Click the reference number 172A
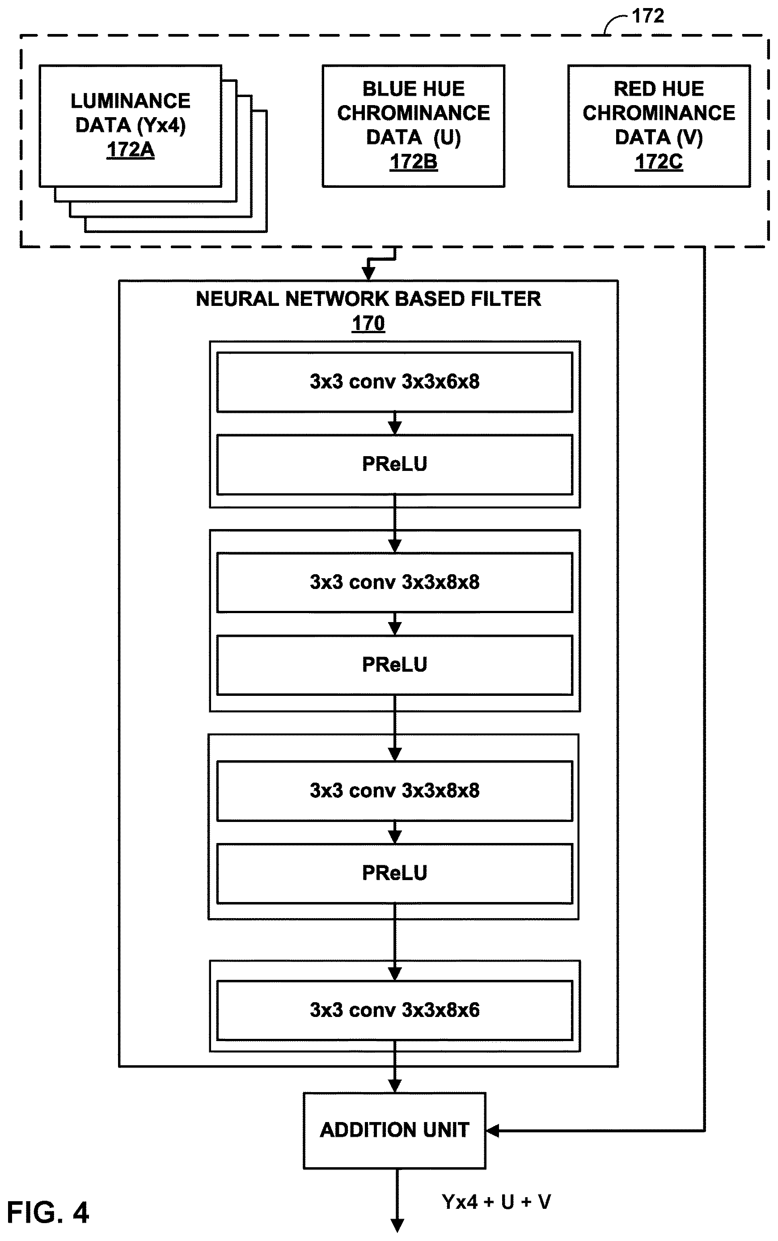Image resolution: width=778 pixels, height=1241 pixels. coord(130,150)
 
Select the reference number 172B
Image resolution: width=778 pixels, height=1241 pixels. coord(413,161)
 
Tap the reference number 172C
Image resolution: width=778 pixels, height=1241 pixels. coord(659,161)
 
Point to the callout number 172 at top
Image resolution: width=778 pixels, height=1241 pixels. coord(648,16)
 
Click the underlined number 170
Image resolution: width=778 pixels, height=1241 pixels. coord(368,323)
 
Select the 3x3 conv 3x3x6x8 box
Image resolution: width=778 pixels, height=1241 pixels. coord(395,382)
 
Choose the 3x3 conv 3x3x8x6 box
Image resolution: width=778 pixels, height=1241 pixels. coord(395,1010)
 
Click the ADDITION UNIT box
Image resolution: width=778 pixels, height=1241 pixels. coord(395,1131)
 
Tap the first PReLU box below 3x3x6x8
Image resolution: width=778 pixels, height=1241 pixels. coord(395,464)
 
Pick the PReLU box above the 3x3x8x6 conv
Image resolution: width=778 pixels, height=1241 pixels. coord(395,873)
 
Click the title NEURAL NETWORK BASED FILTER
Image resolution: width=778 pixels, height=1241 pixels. coord(368,299)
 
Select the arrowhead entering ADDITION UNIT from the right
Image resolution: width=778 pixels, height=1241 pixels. coord(492,1131)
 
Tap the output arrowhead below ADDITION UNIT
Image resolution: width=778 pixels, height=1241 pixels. coord(397,1225)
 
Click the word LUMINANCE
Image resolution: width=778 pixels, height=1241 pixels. coord(130,101)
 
